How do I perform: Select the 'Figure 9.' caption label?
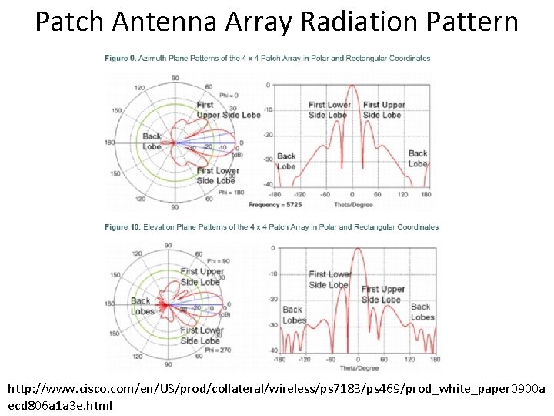point(122,59)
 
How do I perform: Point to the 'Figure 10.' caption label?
point(123,227)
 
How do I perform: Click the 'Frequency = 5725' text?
point(274,205)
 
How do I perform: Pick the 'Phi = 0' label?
point(229,95)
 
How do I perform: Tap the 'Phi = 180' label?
point(231,192)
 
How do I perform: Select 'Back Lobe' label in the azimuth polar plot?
point(152,142)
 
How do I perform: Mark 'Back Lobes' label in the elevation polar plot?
point(142,307)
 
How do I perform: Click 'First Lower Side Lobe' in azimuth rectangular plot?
point(329,109)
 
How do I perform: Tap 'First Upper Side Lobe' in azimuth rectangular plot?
point(383,109)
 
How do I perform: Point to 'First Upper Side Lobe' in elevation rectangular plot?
point(382,294)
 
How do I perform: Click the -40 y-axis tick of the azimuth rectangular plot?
point(267,184)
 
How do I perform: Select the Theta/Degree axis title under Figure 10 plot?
point(355,367)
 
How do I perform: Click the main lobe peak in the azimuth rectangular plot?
point(352,86)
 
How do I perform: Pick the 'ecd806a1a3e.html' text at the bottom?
point(60,405)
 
